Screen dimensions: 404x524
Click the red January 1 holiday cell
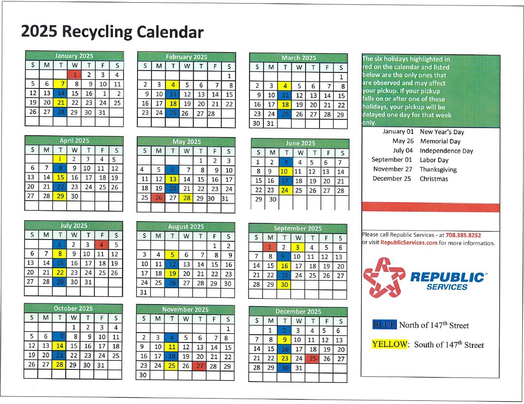point(74,75)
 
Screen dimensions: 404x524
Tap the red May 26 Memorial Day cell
point(158,198)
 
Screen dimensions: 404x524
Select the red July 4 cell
point(102,245)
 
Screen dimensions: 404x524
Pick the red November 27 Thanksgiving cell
point(200,366)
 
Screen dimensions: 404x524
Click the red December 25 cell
point(312,359)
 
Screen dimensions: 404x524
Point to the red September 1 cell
point(270,247)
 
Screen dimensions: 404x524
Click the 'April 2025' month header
point(74,141)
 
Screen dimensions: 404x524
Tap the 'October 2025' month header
point(73,308)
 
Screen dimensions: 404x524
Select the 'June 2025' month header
point(300,143)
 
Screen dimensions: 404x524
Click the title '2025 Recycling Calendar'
point(112,32)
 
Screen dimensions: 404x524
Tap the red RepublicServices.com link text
point(409,243)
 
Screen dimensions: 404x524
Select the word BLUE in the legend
point(384,325)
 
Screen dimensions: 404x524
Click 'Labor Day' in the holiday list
point(434,160)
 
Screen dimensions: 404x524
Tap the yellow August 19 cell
point(172,273)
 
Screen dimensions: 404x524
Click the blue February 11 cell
point(173,94)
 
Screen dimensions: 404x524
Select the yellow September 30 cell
point(284,284)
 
